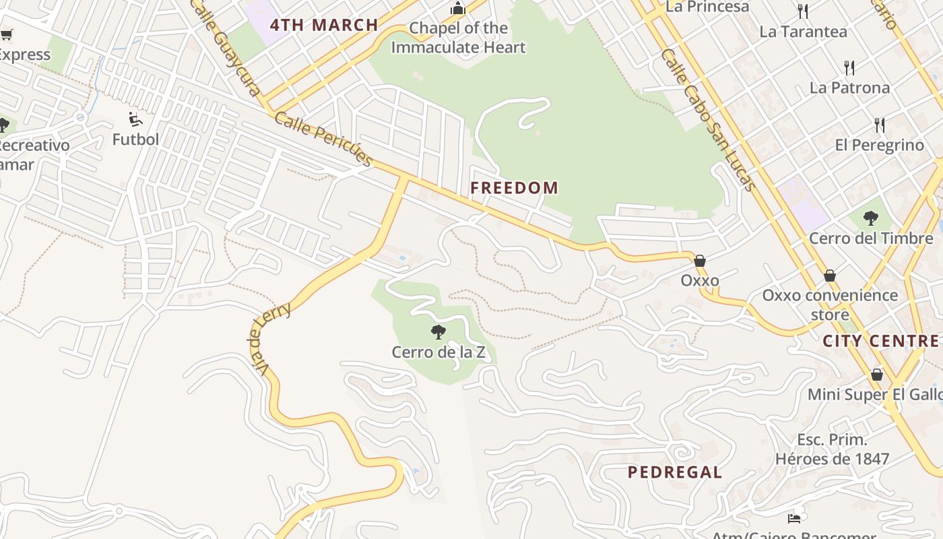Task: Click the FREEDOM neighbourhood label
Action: click(x=514, y=188)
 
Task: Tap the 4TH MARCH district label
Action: click(x=324, y=26)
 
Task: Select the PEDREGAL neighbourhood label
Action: click(x=675, y=472)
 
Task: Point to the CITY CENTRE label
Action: click(x=880, y=341)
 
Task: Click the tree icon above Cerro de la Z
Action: click(x=438, y=331)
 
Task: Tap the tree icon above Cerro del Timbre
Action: click(x=871, y=218)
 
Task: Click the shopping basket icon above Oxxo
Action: click(x=700, y=261)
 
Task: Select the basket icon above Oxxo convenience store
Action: click(x=830, y=276)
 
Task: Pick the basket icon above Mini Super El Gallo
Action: click(x=877, y=374)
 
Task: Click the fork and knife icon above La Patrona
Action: click(x=849, y=67)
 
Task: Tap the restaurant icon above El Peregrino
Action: click(x=879, y=125)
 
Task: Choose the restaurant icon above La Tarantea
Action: click(x=802, y=11)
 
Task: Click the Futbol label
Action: click(x=135, y=139)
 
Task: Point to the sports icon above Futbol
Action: click(x=135, y=119)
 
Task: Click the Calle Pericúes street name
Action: click(x=323, y=139)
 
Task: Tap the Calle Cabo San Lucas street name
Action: click(x=709, y=120)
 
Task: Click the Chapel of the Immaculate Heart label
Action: click(x=458, y=38)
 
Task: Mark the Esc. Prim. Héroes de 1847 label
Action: click(x=832, y=449)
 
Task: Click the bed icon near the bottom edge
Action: click(x=794, y=518)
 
